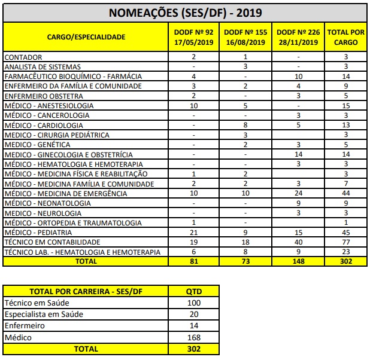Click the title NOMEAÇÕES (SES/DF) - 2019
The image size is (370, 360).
coord(185,13)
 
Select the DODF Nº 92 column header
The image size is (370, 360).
coord(193,37)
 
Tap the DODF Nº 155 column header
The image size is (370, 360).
coord(245,37)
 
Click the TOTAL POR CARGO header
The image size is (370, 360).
coord(346,37)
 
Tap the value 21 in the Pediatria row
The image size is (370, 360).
coord(193,232)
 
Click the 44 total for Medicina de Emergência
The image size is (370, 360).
coord(346,193)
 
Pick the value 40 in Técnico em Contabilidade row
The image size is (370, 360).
coord(298,242)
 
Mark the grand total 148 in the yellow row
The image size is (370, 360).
coord(298,261)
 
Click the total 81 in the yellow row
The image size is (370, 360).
coord(193,261)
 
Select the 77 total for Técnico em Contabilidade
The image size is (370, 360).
coord(346,242)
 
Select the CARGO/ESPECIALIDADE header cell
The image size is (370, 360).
coord(86,37)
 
